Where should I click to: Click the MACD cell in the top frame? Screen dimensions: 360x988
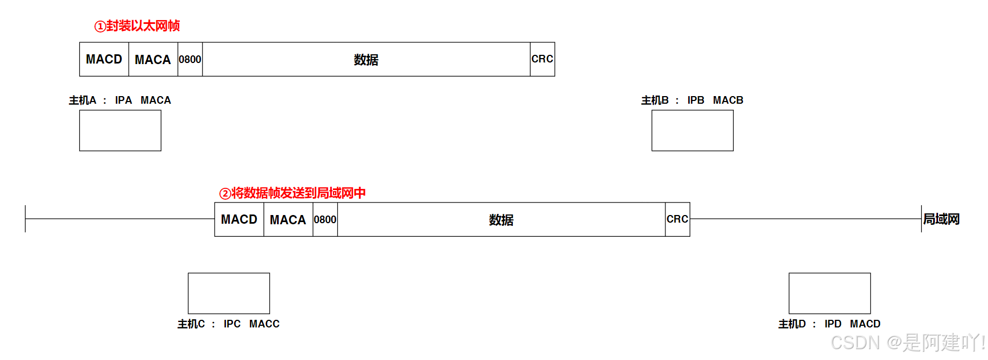[104, 59]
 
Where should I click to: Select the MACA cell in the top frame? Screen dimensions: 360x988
[153, 60]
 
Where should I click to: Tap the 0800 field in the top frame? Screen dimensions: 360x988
[190, 60]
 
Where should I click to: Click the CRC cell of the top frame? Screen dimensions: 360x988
[542, 59]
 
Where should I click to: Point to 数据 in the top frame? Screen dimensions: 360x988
[366, 60]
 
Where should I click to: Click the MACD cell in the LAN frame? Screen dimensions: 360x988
[239, 219]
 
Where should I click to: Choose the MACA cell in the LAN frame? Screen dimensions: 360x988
[288, 220]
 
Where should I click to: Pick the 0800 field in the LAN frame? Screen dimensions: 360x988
[325, 220]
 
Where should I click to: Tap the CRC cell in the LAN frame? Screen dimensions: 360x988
[677, 219]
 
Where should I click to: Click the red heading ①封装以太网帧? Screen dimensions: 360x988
[137, 26]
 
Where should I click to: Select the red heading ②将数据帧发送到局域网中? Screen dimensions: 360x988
[292, 193]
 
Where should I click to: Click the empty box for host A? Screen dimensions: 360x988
[120, 130]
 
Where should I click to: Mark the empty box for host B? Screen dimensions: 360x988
[693, 130]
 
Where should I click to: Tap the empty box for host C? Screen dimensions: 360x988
[229, 293]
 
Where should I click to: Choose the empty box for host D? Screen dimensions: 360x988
[829, 293]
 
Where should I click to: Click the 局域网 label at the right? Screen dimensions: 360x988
[941, 219]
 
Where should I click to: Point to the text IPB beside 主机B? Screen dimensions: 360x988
[696, 100]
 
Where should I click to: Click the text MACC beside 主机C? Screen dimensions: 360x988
[264, 324]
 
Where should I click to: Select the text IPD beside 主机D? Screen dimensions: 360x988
[833, 324]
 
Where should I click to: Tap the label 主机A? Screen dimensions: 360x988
[83, 100]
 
